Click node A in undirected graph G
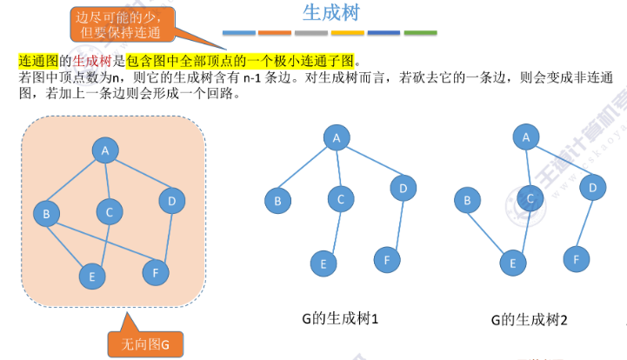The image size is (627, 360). point(105,150)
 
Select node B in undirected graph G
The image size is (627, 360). point(45,212)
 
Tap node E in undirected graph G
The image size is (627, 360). point(90,277)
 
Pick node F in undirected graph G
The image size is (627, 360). point(155,271)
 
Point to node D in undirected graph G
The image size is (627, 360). point(171,202)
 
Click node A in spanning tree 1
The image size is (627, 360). point(335,137)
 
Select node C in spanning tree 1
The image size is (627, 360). point(341,199)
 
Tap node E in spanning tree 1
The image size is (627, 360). point(323,263)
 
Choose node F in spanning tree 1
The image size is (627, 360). point(387,258)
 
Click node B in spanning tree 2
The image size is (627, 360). point(467,202)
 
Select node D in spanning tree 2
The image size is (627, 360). point(591,187)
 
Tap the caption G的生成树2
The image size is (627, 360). point(528,319)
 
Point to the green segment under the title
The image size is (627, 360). point(420,33)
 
